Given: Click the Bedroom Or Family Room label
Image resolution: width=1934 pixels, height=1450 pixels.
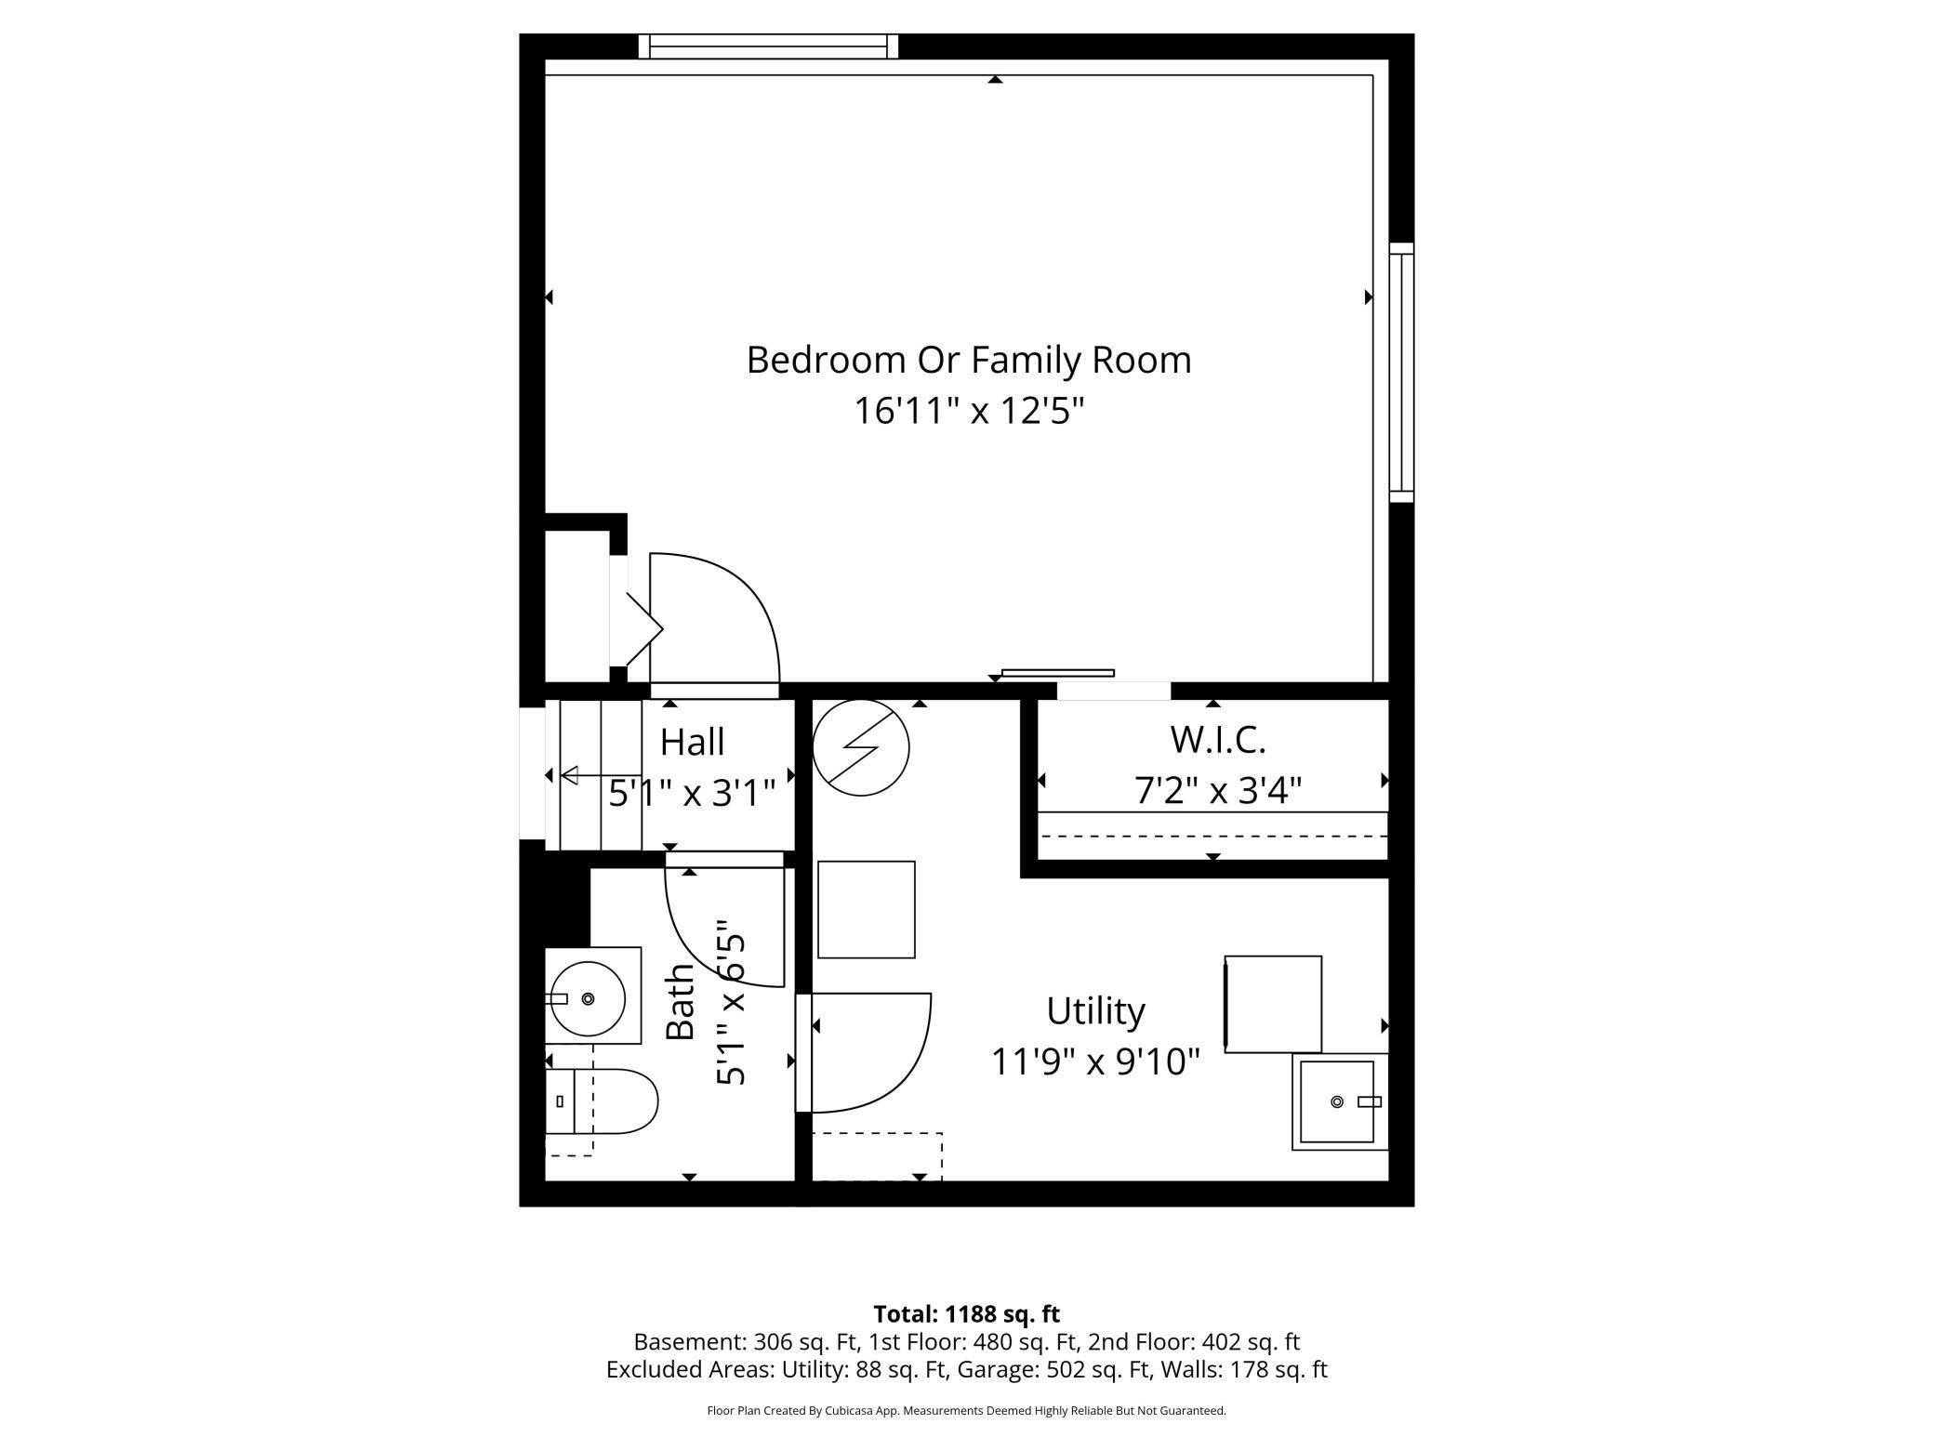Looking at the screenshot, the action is pos(969,361).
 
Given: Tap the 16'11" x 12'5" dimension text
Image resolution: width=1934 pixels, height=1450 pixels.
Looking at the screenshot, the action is pos(970,410).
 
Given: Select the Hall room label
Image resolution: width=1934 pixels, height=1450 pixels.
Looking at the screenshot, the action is pos(692,743).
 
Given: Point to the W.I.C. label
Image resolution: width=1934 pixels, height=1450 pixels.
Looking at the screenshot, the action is pos(1218,740).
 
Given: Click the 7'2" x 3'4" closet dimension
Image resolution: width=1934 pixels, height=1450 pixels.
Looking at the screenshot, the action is pos(1218,791).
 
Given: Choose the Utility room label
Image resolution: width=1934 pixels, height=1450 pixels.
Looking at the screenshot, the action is pos(1095,1011).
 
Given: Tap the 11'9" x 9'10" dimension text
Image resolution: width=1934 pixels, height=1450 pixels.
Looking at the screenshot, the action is pos(1095,1061).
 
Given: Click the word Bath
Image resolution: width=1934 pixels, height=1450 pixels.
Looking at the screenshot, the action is pos(681,1002).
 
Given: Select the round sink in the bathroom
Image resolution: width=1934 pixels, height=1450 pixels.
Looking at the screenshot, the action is pos(588,998).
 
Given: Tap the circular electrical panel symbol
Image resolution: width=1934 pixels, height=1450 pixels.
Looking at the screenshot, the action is pos(861,747).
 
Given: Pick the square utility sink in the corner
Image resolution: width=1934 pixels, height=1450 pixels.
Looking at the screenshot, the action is pos(1339,1101).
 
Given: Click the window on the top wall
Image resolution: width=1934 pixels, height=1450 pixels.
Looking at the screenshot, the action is pos(768,46).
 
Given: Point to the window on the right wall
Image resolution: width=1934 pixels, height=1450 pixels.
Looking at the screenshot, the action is pos(1401,372).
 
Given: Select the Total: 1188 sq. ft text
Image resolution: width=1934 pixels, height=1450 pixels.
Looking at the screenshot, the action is pos(967,1314).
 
